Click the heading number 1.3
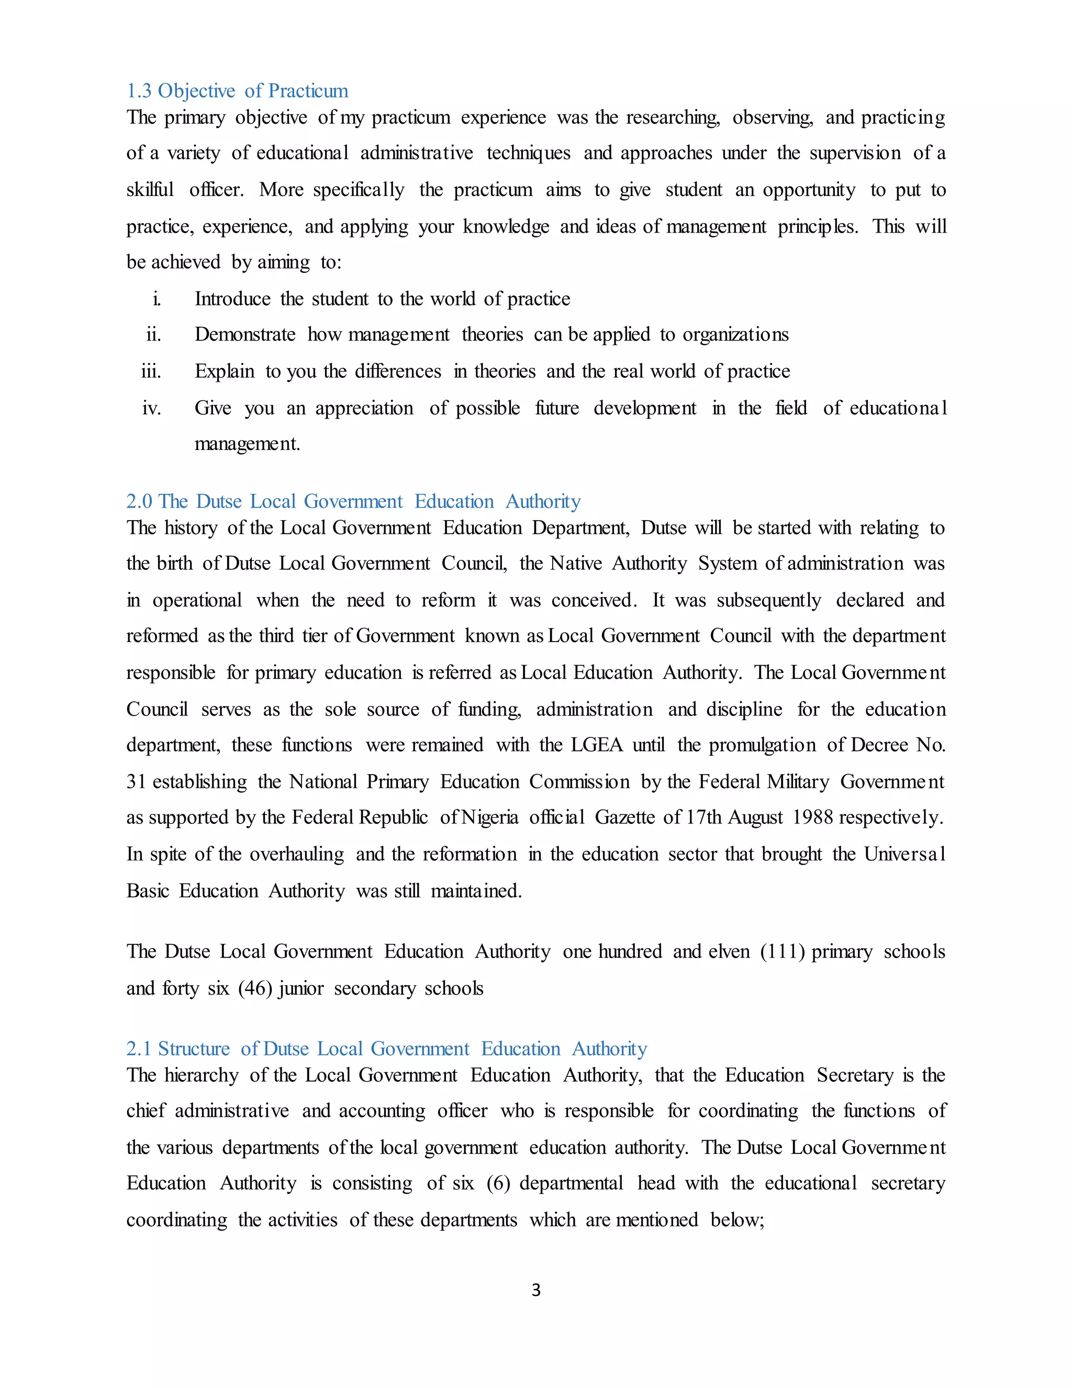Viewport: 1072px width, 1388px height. point(139,91)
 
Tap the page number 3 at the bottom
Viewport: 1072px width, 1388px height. point(536,1290)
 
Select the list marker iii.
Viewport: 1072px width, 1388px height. point(151,371)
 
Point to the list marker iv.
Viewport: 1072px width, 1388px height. point(152,408)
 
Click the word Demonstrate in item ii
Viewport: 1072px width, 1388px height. point(245,335)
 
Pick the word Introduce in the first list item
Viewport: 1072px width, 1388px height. point(232,299)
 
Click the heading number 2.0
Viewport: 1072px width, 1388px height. point(139,501)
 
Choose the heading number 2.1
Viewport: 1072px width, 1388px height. point(139,1049)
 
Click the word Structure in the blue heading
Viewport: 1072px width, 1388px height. point(194,1049)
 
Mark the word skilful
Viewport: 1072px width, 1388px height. point(150,190)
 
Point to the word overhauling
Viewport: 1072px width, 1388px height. point(297,854)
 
